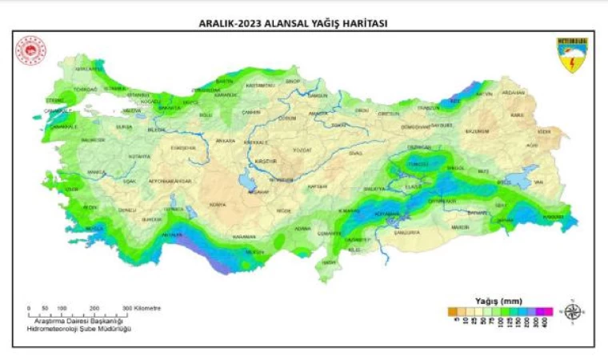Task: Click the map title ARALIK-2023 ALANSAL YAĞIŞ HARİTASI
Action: [293, 23]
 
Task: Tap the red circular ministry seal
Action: [32, 50]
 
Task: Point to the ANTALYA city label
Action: [171, 234]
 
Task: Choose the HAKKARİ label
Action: [554, 216]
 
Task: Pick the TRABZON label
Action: [430, 106]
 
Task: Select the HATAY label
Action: [329, 262]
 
